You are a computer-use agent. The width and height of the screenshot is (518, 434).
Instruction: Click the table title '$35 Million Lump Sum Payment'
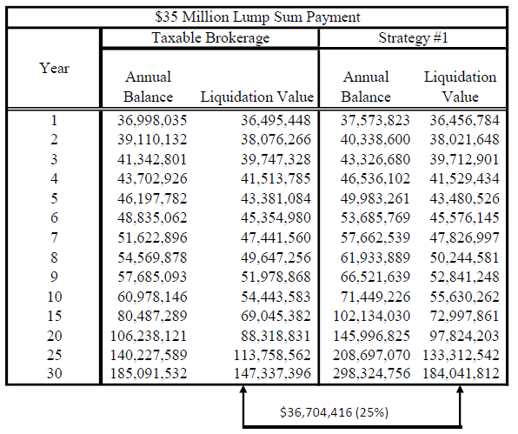(257, 17)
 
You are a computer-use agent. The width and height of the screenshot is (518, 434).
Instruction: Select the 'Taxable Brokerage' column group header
(210, 37)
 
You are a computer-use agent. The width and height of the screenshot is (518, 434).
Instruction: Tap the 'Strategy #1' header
(413, 37)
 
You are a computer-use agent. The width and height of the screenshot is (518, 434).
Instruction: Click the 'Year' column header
(54, 68)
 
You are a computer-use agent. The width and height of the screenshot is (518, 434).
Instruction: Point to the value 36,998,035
(152, 120)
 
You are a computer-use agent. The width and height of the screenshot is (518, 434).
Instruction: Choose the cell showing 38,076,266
(276, 139)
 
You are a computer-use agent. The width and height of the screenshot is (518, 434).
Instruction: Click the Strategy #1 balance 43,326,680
(375, 159)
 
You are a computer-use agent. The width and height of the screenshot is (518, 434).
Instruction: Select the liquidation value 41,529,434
(464, 178)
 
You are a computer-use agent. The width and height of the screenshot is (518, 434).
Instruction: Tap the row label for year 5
(54, 198)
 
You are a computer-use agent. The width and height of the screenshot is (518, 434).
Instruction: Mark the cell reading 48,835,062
(152, 217)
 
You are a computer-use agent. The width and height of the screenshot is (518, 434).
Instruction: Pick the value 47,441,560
(276, 237)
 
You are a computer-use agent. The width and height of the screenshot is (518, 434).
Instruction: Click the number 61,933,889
(375, 257)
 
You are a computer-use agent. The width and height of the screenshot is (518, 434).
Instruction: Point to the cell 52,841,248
(464, 277)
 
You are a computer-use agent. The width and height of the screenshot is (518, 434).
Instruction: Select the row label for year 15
(54, 316)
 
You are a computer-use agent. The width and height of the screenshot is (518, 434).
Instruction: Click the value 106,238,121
(149, 336)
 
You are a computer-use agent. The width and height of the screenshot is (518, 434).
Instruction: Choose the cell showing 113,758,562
(272, 355)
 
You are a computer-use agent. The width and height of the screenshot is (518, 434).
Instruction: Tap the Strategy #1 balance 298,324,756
(371, 373)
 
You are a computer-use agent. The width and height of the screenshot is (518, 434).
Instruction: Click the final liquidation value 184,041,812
(461, 373)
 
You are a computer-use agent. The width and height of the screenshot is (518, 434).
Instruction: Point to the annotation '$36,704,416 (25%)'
(334, 412)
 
